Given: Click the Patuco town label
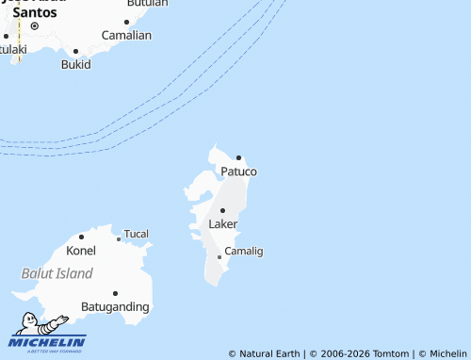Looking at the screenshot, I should click(x=238, y=172).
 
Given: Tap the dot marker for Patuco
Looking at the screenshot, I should click(x=239, y=157).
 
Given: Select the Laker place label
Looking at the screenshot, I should click(x=222, y=224).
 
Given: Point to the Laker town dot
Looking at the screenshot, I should click(x=223, y=210).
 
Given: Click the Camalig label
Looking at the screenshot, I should click(x=243, y=251).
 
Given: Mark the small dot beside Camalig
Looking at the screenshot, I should click(x=219, y=256).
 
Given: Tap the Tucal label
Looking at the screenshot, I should click(x=137, y=234).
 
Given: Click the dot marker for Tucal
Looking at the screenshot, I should click(x=119, y=239).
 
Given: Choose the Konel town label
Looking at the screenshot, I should click(x=81, y=251).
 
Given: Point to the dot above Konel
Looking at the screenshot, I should click(x=81, y=237).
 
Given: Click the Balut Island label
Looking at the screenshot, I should click(x=57, y=273).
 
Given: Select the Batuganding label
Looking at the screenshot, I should click(x=115, y=307).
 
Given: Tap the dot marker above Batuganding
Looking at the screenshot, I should click(x=115, y=293).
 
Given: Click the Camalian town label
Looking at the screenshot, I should click(x=126, y=35).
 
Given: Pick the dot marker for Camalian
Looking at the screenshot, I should click(x=126, y=22).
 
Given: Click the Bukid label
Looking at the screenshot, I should click(x=75, y=65).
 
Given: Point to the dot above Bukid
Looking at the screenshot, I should click(x=75, y=52).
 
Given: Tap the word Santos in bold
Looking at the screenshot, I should click(x=34, y=13).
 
